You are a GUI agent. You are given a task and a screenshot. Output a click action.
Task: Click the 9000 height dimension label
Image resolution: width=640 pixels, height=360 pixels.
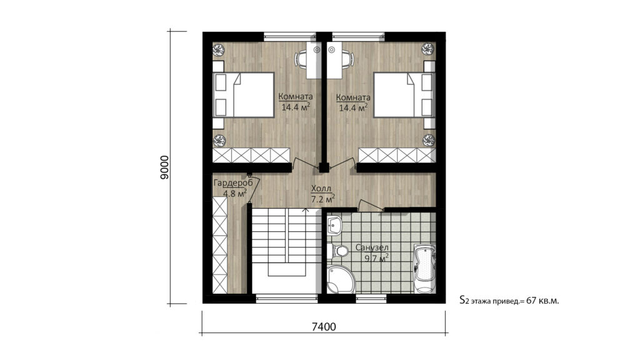pos(164,167)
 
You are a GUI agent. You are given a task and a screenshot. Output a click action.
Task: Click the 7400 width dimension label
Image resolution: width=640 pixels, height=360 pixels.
pos(323,326)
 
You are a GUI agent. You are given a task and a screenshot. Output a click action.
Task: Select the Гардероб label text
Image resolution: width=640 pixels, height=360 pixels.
pos(232,183)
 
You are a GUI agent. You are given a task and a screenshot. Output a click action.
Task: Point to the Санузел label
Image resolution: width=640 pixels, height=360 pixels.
pos(372,247)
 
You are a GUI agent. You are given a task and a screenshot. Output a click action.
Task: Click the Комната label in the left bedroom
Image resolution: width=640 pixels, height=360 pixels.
pos(296,97)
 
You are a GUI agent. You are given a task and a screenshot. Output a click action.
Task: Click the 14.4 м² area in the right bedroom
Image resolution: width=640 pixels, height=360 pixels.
pos(353,107)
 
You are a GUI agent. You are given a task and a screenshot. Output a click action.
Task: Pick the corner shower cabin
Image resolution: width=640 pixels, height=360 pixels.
pos(339,280)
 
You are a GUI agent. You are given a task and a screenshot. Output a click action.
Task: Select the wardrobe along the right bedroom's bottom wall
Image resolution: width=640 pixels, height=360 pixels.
pos(397,155)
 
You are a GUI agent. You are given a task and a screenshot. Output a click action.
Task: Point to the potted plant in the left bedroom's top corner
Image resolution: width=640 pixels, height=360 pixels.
pos(219,49)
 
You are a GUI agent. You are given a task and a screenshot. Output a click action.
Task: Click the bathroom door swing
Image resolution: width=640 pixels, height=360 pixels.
pos(369,204)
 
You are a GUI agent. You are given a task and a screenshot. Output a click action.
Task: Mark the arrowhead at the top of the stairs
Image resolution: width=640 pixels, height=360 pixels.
pos(305,211)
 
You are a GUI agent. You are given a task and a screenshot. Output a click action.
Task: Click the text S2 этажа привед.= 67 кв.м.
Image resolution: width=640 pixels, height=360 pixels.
pos(509,301)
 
